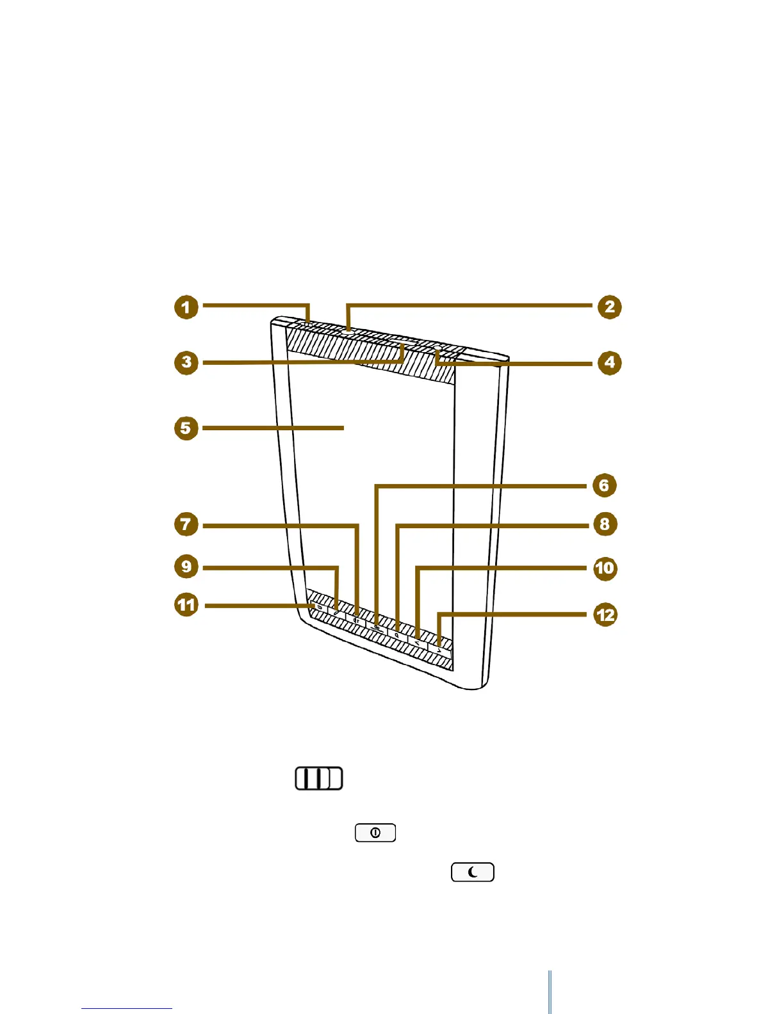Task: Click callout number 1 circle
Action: (186, 307)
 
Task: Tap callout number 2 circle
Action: (609, 307)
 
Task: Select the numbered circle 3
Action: (186, 362)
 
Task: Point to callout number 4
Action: (609, 363)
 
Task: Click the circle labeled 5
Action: (186, 428)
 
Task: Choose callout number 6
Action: (603, 485)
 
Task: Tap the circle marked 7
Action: (186, 525)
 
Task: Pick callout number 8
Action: (604, 524)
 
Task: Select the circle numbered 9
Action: (186, 567)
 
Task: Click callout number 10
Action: (605, 568)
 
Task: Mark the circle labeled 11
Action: (186, 605)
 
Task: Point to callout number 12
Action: (605, 615)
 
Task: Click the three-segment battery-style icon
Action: (319, 778)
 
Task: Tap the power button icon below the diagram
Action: (375, 833)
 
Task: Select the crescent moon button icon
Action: (473, 873)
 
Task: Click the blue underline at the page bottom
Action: (127, 1009)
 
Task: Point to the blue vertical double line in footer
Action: (550, 992)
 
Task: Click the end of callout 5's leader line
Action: (343, 428)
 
